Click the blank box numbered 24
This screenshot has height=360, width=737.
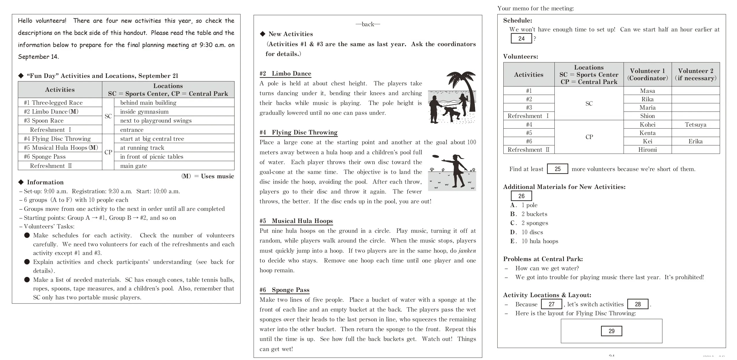[521, 39]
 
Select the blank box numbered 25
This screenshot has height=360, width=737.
[557, 169]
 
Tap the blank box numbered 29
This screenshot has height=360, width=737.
[611, 331]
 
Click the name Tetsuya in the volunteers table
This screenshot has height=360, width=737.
[695, 125]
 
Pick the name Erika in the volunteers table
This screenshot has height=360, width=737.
[695, 141]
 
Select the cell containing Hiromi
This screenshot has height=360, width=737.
[647, 150]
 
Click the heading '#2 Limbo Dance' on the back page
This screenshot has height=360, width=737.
[285, 74]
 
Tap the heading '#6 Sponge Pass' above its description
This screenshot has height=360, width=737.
[284, 290]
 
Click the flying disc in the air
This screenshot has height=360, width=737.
[435, 157]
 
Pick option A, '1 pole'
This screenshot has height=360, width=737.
[529, 205]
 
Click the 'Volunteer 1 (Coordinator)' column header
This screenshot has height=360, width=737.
[647, 74]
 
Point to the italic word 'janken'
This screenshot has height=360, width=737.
[467, 251]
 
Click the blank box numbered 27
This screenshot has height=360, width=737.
[551, 304]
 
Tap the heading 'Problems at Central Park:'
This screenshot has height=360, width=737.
[543, 259]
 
